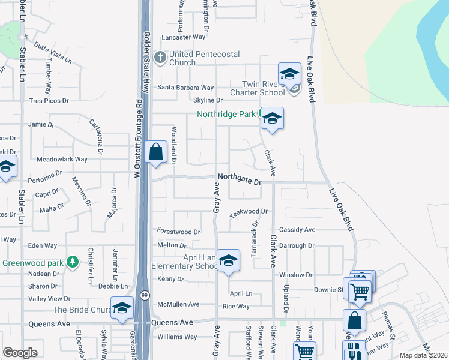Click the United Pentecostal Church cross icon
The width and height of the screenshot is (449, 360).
coord(160,58)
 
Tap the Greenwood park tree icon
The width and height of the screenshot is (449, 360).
coord(73,262)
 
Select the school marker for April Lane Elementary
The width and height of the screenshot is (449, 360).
coord(228,262)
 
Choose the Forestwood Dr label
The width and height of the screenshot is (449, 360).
coord(178,231)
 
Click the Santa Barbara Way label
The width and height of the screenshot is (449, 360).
coord(185,87)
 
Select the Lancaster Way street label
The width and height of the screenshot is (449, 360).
coord(184,37)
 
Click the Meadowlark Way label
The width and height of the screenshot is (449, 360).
coord(62,160)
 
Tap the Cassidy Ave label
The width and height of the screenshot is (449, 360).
coord(297,230)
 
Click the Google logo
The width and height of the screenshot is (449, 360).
coord(20,353)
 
